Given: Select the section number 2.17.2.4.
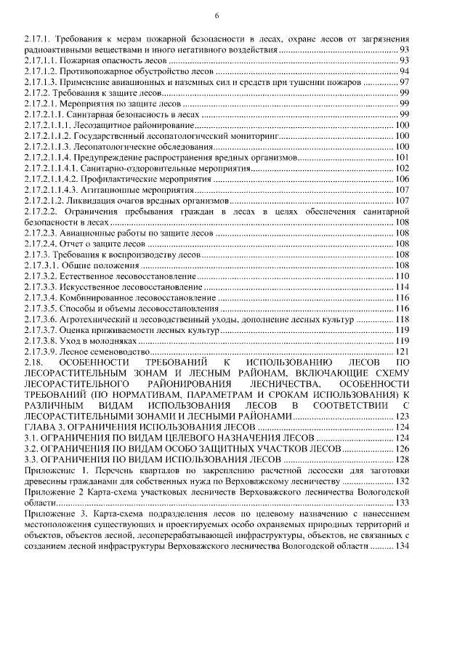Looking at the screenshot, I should click(x=40, y=244).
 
